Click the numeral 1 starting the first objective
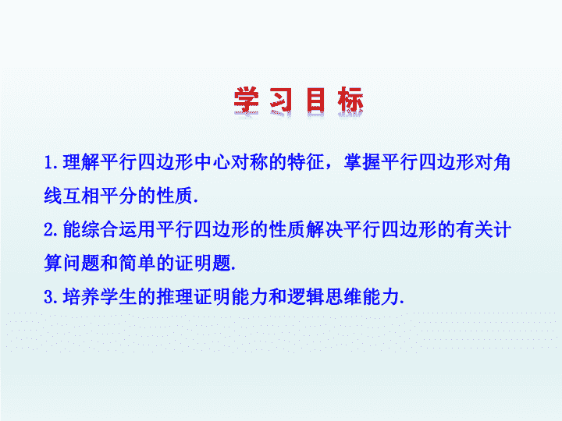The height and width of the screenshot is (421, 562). point(49,163)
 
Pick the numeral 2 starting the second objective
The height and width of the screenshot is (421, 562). point(49,230)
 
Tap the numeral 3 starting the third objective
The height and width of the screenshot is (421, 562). point(49,297)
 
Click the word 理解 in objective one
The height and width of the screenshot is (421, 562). point(81,162)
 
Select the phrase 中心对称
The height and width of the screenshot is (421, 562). point(231,162)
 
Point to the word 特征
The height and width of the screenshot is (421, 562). point(306,162)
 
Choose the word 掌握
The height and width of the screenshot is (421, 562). point(362,162)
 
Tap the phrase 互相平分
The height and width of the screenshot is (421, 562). point(100,196)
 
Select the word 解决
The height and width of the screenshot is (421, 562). point(325,229)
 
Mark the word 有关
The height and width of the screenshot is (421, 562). point(474,229)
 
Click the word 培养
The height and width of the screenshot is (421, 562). point(81,297)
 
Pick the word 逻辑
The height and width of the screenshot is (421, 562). point(306,297)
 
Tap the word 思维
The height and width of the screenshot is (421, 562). point(343,297)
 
